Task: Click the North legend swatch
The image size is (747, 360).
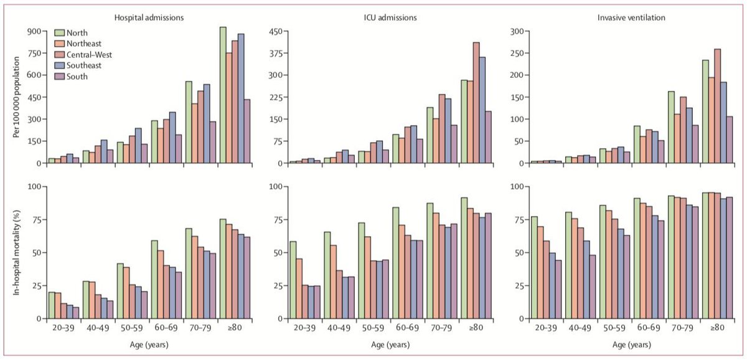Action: coord(60,32)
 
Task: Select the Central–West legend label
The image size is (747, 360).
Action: coord(88,55)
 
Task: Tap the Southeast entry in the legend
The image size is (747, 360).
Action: coord(85,65)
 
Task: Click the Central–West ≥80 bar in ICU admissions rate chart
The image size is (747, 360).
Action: coord(476,103)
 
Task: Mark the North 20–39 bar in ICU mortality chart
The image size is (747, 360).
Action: coord(293,280)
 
